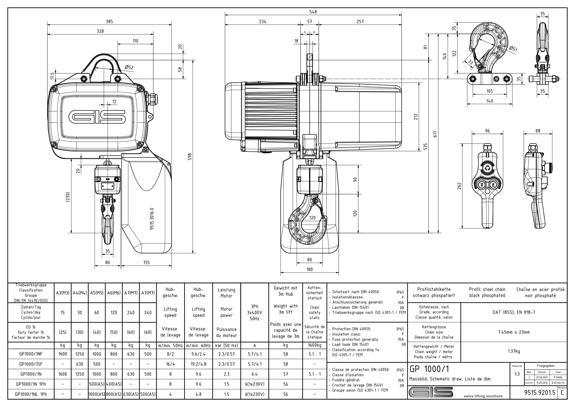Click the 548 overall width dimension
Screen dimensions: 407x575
point(313,12)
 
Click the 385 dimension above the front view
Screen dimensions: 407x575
point(109,22)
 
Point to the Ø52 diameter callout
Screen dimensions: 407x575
point(129,67)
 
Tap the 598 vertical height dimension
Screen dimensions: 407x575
point(190,157)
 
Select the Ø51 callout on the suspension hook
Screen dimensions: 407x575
point(513,49)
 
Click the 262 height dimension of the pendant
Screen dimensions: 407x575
point(459,186)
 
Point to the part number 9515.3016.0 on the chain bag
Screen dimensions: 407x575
point(152,218)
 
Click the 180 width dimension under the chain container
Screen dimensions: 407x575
point(310,269)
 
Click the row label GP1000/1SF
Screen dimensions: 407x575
point(31,364)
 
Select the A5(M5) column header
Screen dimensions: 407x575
point(97,293)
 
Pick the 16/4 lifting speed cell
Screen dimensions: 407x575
point(170,364)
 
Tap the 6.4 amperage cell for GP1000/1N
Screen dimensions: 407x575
point(254,374)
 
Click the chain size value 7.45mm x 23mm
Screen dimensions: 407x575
point(514,332)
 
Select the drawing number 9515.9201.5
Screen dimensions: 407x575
point(540,393)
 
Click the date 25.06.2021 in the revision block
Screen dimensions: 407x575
point(542,377)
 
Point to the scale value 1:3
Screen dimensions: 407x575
point(517,374)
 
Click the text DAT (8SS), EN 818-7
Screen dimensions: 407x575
point(514,312)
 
